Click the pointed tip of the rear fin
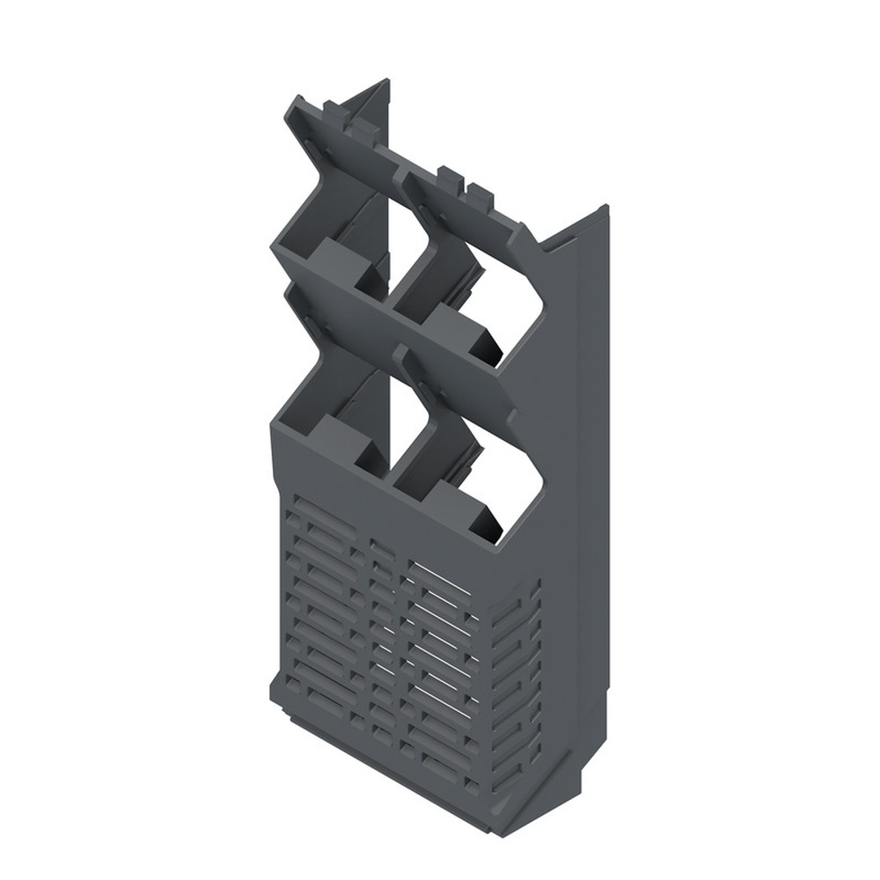point(385,81)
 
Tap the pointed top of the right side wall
point(605,208)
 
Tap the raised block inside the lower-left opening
point(340,435)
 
